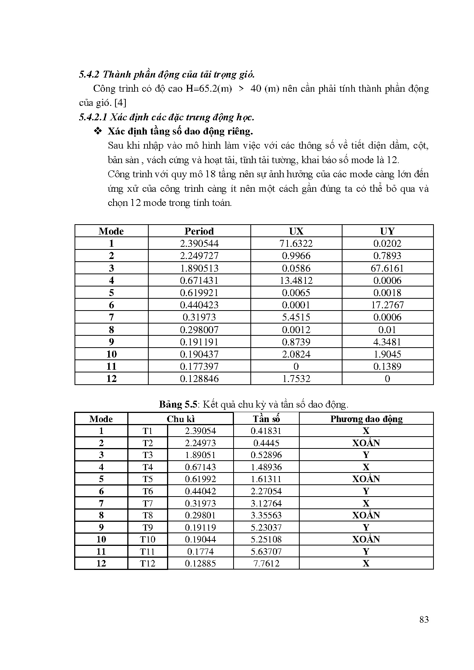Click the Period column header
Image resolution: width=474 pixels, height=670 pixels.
(x=199, y=231)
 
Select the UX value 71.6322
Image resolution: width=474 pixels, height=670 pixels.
(x=296, y=243)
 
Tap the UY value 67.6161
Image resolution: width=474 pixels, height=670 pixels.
(x=387, y=268)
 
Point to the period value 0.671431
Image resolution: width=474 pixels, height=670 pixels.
(x=199, y=280)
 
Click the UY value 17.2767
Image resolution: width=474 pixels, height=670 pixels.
(x=387, y=305)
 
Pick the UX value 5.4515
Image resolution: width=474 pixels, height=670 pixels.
(x=296, y=317)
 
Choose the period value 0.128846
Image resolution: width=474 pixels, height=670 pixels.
(x=199, y=379)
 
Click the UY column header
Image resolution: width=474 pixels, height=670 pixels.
(x=387, y=231)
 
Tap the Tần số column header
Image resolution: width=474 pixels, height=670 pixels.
(x=266, y=419)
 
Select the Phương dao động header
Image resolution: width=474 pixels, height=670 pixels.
(x=366, y=419)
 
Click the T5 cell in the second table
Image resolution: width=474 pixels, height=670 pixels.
(x=148, y=479)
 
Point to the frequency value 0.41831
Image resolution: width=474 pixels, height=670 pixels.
(x=266, y=431)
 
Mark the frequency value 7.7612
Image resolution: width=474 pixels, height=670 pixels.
(x=266, y=563)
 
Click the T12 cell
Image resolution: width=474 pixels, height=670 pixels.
(x=148, y=563)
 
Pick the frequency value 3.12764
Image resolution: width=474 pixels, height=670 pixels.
(x=266, y=503)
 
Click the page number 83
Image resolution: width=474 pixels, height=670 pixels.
(x=424, y=620)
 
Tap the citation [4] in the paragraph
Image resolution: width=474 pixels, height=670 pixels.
(x=120, y=103)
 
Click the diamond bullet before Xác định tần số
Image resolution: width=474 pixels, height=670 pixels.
(x=98, y=131)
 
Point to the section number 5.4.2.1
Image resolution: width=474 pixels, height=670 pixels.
(x=92, y=117)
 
